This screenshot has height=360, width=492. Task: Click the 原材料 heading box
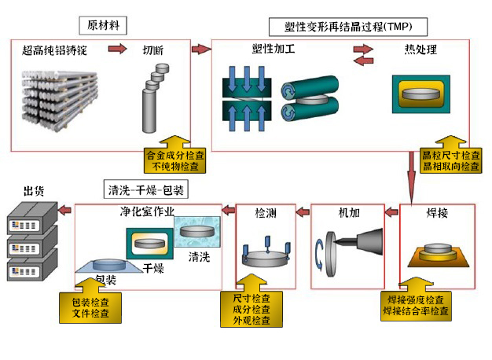tap(104, 25)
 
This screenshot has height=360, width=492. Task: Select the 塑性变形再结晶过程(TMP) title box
tap(347, 27)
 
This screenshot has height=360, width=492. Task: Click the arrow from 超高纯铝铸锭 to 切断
tap(116, 50)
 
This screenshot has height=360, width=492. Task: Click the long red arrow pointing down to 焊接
tap(411, 177)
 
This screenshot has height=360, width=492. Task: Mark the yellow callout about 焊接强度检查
tap(416, 304)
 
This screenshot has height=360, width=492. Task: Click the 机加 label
tap(348, 213)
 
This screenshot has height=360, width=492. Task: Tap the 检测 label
tap(266, 213)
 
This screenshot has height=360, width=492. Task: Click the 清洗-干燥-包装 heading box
tap(148, 190)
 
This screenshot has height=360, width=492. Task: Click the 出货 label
tap(33, 190)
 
